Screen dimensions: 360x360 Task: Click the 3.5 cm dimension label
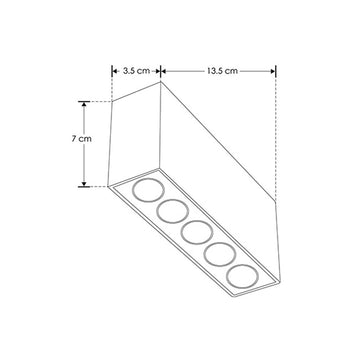[x=136, y=71]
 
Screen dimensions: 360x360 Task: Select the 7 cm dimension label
[x=84, y=140]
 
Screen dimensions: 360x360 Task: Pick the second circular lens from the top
[x=170, y=213]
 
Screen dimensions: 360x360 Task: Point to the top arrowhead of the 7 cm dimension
[x=84, y=104]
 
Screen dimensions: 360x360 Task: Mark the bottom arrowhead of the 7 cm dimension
[x=84, y=183]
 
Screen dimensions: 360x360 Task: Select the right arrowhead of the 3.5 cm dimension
[x=158, y=71]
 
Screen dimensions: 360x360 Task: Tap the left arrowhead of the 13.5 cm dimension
[x=164, y=71]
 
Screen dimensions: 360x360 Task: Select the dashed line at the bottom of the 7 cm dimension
[x=98, y=186]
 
